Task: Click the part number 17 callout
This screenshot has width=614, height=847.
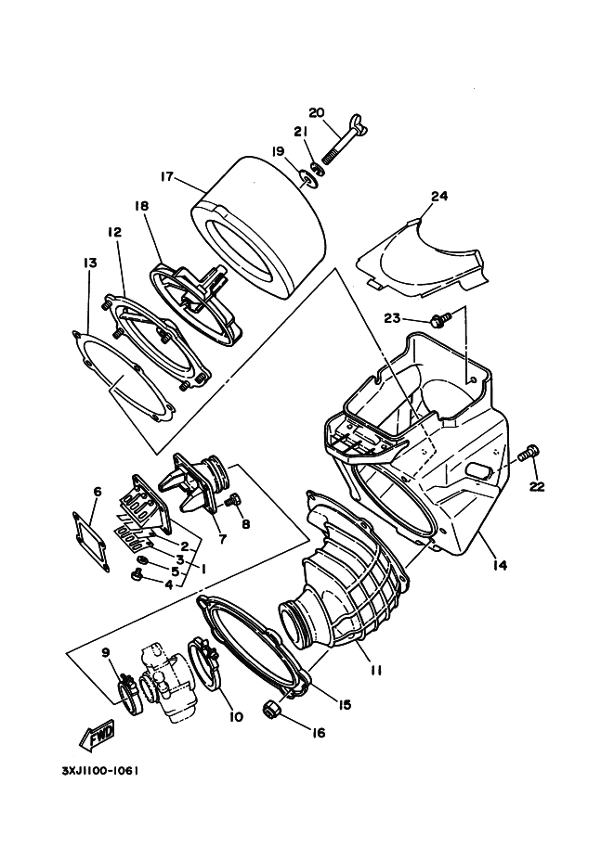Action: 167,177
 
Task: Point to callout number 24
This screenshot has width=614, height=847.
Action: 439,196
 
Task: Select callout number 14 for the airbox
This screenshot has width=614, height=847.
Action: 500,563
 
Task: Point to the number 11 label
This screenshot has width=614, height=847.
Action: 375,669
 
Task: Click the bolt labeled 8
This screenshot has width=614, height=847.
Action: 232,500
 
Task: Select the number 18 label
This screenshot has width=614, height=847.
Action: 141,208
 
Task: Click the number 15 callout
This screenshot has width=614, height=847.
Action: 345,705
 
